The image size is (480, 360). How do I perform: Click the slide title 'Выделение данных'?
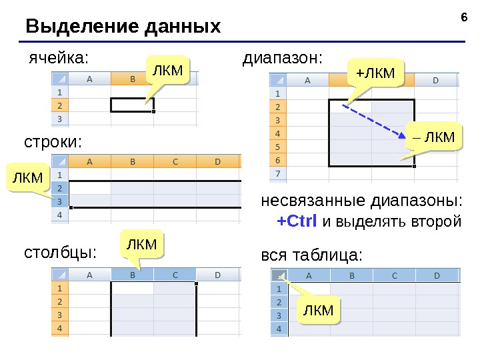click(123, 27)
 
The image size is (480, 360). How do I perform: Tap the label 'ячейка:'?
click(57, 58)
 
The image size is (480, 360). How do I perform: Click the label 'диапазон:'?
click(282, 58)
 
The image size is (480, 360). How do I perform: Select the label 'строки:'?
click(53, 143)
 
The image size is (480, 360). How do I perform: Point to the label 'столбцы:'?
click(61, 253)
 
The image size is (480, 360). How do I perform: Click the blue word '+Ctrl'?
click(297, 221)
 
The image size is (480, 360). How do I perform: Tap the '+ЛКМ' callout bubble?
click(376, 72)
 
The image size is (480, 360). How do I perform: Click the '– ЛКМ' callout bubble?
click(433, 137)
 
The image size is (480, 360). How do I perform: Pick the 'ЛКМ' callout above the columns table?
click(142, 245)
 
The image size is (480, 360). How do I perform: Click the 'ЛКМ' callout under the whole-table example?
click(318, 310)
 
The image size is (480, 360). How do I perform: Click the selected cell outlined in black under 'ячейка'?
click(132, 105)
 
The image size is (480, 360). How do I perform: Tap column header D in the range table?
click(436, 81)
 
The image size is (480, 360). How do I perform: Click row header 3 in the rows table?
click(60, 201)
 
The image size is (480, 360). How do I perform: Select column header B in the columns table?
click(133, 274)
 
